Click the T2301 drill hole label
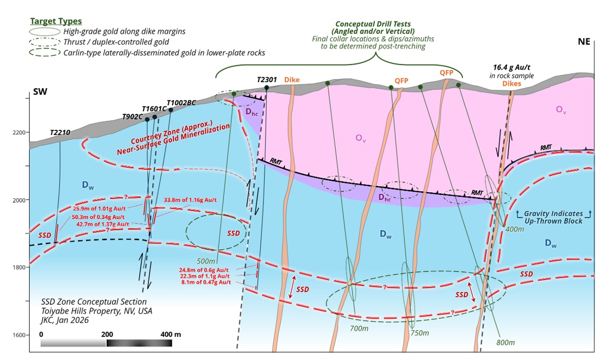coord(267,79)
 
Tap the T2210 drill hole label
coord(60,133)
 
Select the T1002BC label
coord(181,102)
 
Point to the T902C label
coord(133,117)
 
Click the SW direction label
coord(40,92)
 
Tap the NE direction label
coord(584,42)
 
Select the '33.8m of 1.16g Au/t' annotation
coord(191,200)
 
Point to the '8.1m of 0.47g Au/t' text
coord(206,282)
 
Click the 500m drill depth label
coord(206,261)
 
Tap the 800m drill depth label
coord(505,342)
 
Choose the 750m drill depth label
coord(420,333)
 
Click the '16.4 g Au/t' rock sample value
coord(512,67)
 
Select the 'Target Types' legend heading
coord(56,21)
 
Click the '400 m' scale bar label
coord(171,334)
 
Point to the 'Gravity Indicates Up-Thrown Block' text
coord(554,218)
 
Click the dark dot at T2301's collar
coord(267,88)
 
